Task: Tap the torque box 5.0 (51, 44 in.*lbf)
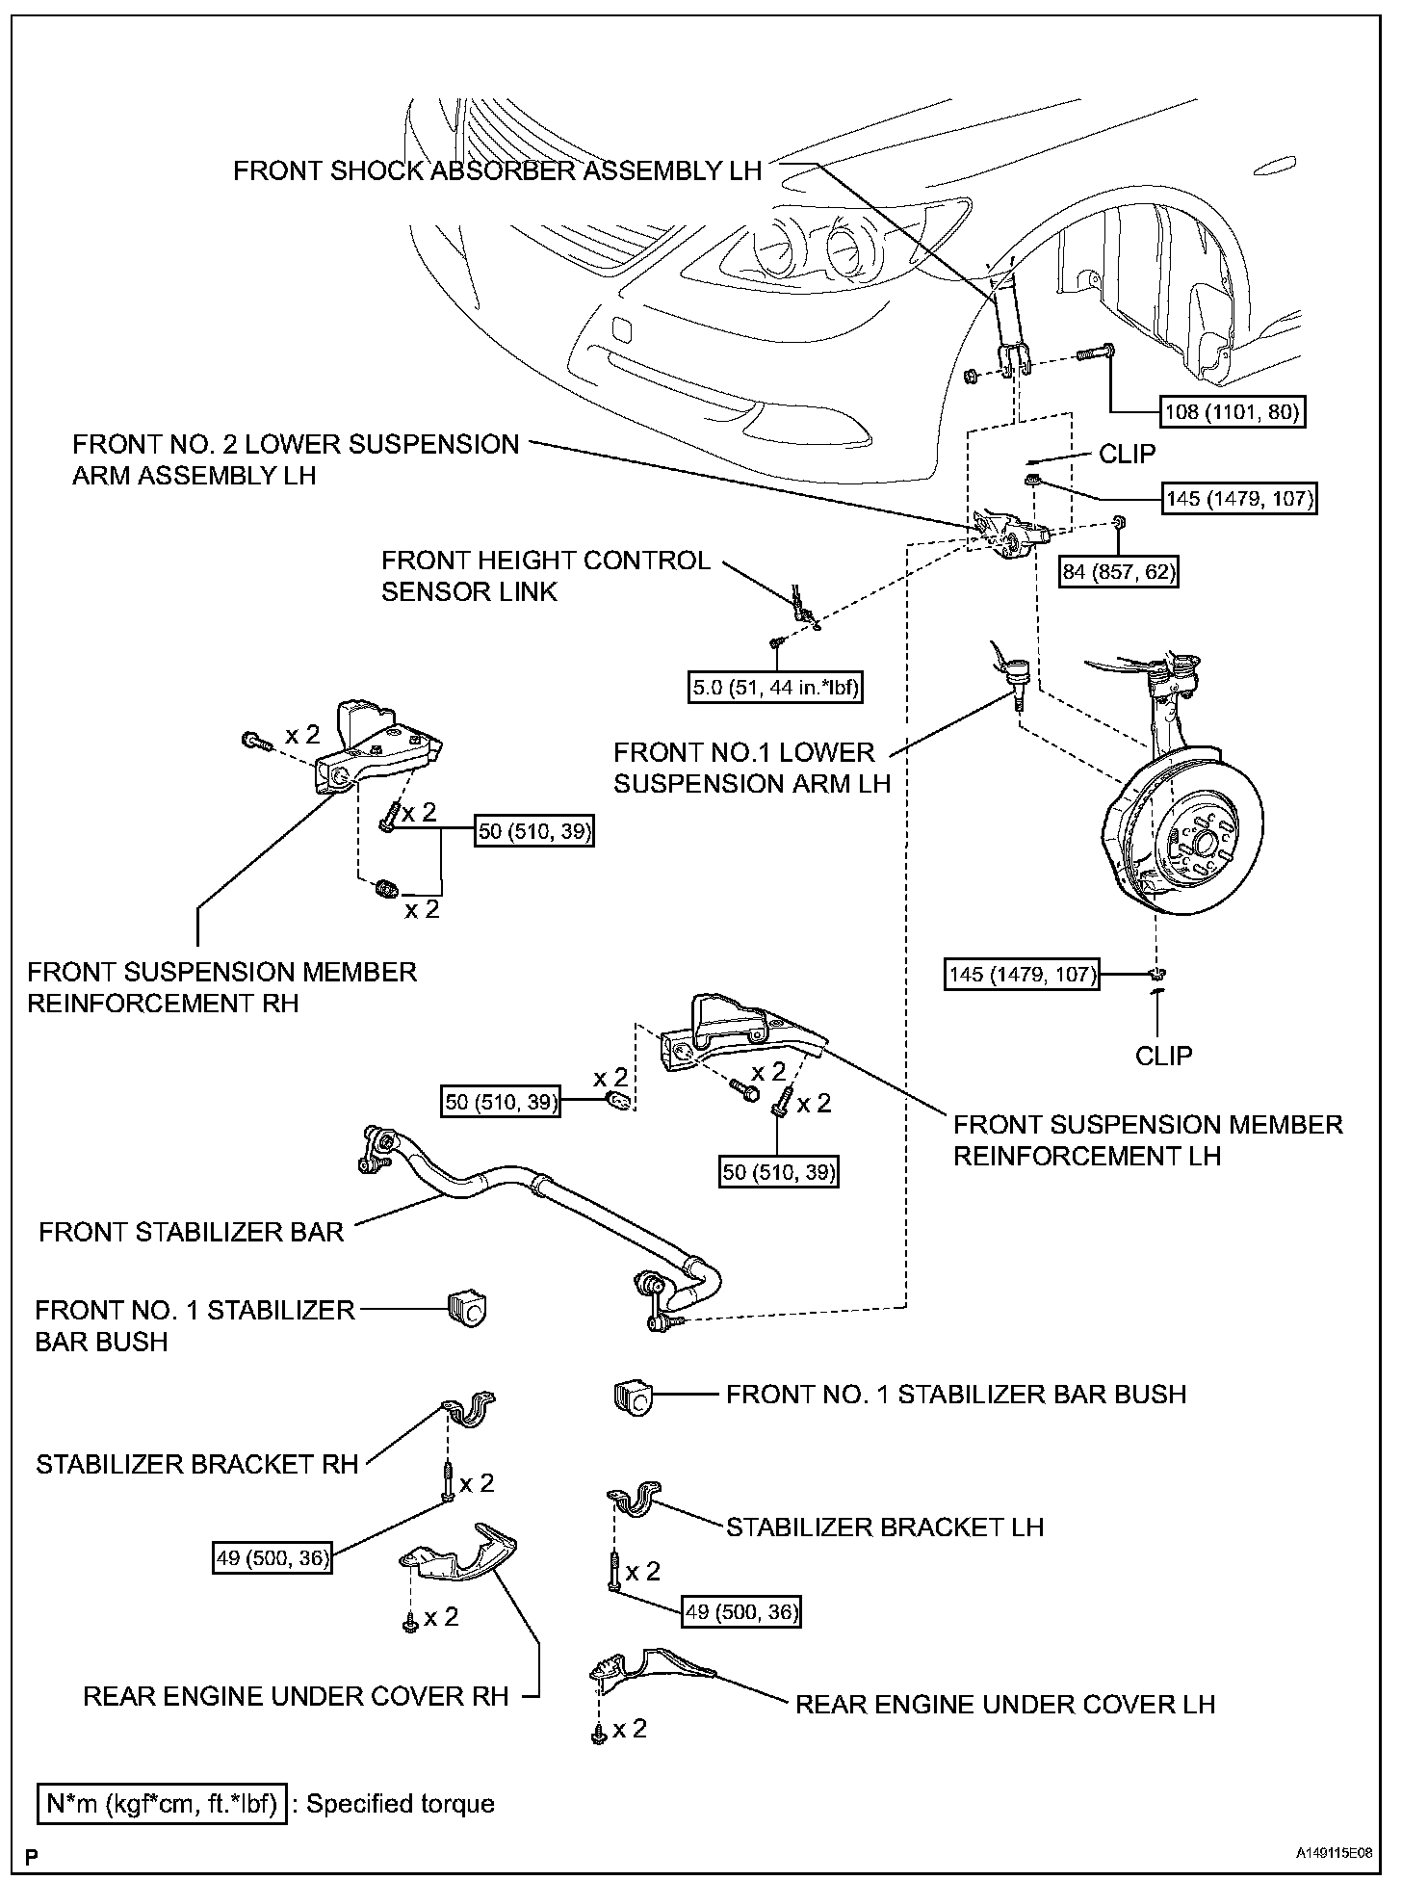pos(776,688)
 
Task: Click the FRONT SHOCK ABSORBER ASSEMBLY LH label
pos(497,171)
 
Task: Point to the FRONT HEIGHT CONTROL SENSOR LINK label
pos(545,576)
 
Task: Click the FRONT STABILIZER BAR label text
pos(191,1232)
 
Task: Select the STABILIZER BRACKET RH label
pos(196,1464)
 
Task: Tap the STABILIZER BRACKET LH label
pos(884,1527)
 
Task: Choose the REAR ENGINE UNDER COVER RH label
pos(295,1696)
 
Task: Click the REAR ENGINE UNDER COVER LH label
pos(1004,1704)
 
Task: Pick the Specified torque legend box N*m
pos(162,1803)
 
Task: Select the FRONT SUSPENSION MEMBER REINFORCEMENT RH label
pos(221,987)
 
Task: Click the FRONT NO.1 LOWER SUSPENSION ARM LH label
pos(751,768)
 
